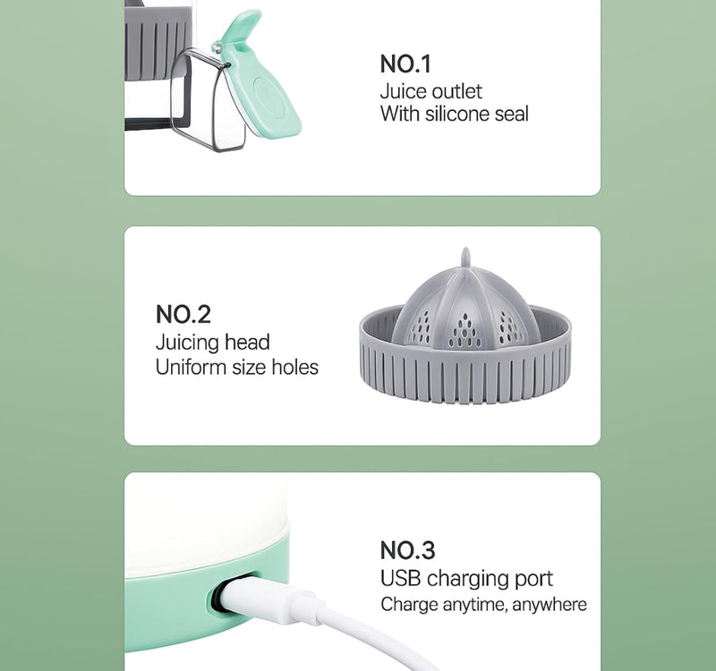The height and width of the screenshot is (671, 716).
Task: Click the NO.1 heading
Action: [405, 64]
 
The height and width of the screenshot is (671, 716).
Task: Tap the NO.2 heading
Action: [183, 315]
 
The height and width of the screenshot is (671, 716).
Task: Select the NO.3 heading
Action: [407, 550]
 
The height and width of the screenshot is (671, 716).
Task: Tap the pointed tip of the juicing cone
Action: [465, 250]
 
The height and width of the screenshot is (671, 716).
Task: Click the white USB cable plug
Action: [269, 598]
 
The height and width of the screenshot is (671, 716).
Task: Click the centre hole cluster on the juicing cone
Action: [465, 332]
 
